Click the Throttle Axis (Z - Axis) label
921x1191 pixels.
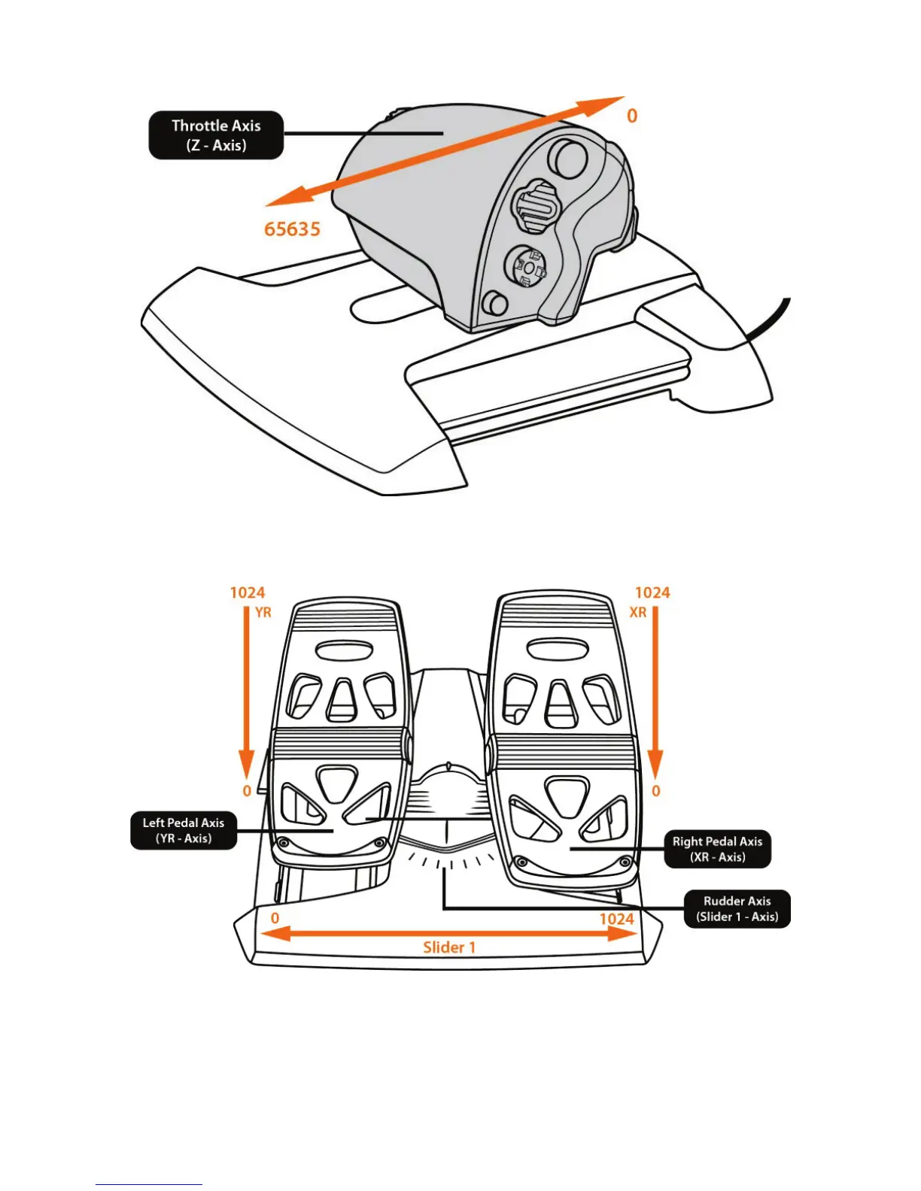point(216,135)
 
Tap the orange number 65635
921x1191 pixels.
point(292,229)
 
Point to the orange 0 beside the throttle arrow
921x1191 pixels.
point(632,116)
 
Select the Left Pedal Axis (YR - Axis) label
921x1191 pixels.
point(184,830)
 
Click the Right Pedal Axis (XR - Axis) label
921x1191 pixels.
point(717,849)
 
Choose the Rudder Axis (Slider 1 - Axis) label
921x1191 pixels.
point(737,908)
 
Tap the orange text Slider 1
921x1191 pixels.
point(449,947)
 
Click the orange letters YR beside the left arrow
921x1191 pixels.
point(263,613)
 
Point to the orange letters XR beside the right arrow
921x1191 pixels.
point(638,613)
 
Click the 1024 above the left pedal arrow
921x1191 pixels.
point(248,592)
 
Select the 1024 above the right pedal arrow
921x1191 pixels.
point(652,592)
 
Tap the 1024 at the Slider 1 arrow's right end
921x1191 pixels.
point(616,919)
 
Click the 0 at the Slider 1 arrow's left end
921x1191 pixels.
point(275,918)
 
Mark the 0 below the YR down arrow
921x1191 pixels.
point(247,791)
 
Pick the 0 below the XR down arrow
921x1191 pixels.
point(656,791)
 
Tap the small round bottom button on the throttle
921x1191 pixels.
point(495,303)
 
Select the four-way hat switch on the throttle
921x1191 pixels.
point(528,267)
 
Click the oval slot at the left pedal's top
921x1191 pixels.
point(338,650)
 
